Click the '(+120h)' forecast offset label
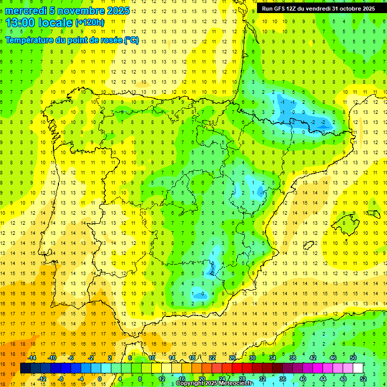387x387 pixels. click(90, 23)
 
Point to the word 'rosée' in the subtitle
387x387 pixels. click(109, 40)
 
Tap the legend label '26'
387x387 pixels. click(232, 358)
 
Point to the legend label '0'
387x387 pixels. click(100, 378)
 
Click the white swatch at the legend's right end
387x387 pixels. click(358, 368)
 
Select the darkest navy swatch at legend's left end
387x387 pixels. click(25, 368)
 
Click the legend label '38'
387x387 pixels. click(293, 358)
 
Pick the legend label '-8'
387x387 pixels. click(61, 378)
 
